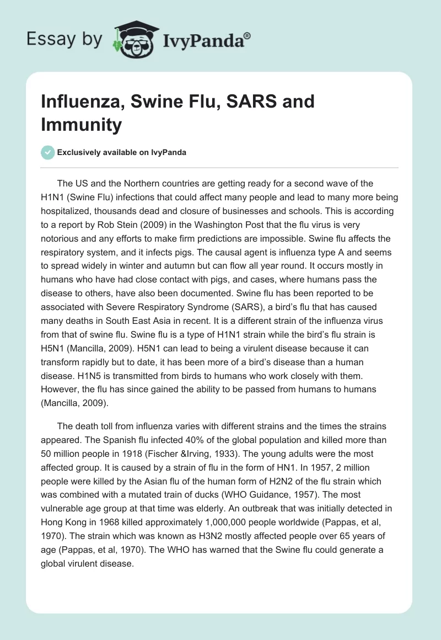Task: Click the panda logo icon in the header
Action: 131,38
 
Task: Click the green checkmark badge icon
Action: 48,152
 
